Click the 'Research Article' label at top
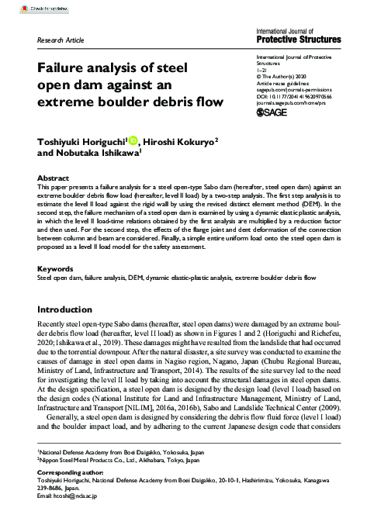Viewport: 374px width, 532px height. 60,38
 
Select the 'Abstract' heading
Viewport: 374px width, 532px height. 53,178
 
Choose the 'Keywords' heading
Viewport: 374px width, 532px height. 56,269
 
